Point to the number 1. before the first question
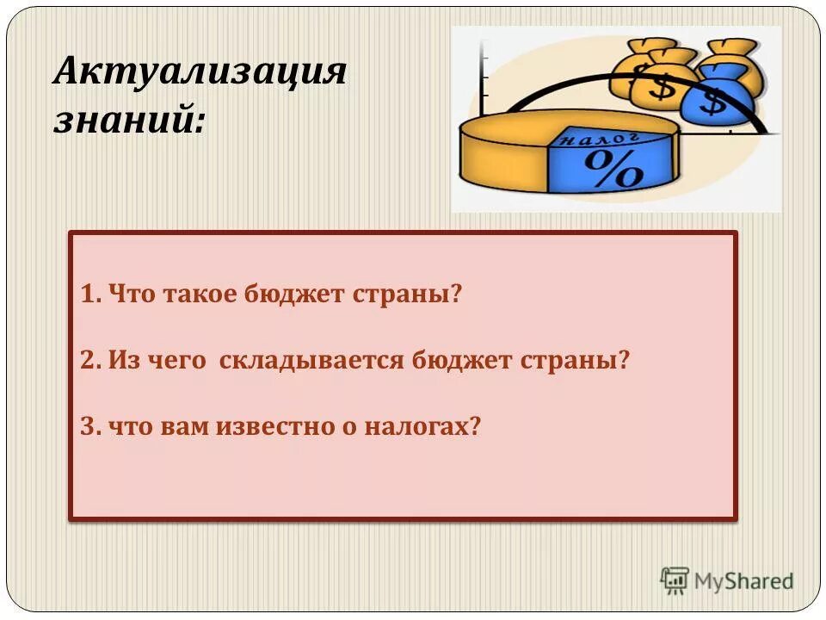(91, 294)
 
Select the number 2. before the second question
(92, 360)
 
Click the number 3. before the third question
(91, 426)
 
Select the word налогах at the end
(422, 426)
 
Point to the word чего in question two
(181, 360)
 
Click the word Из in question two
(120, 360)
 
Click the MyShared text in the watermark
(744, 581)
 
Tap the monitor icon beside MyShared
(675, 580)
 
